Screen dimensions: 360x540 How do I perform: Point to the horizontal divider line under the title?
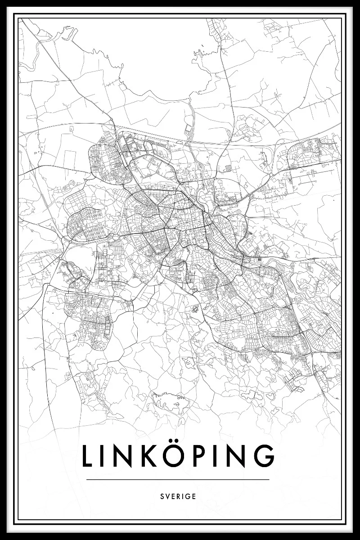(x=178, y=479)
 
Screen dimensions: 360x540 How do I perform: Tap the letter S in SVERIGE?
(x=162, y=497)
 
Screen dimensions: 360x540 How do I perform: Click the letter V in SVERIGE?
(x=167, y=497)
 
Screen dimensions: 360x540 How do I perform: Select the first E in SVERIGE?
(x=172, y=497)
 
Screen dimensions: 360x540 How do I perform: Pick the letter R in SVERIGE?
(x=178, y=497)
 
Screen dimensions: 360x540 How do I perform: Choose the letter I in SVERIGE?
(x=183, y=497)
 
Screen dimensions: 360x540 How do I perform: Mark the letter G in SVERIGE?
(x=188, y=497)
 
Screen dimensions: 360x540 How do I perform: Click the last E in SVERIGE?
(x=194, y=497)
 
